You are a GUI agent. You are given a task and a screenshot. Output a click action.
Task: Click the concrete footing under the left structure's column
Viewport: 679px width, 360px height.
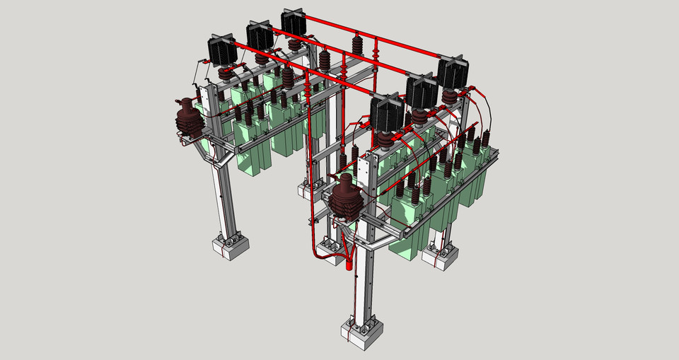click(231, 247)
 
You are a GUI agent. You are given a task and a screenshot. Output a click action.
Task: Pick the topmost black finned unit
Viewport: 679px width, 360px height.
click(294, 21)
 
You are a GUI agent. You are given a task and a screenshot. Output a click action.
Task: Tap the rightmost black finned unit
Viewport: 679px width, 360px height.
click(453, 71)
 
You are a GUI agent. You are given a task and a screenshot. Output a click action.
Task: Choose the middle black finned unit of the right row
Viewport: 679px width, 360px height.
click(422, 91)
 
